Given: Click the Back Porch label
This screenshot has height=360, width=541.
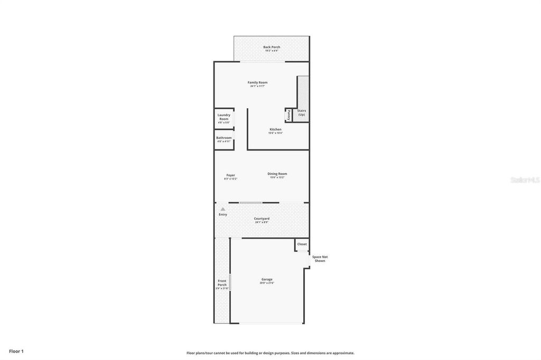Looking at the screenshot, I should click(x=272, y=47).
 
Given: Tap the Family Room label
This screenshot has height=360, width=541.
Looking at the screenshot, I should click(x=258, y=82).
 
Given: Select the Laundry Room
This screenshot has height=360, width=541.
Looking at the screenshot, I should click(x=224, y=117).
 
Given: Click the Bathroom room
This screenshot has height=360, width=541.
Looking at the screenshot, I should click(x=224, y=139).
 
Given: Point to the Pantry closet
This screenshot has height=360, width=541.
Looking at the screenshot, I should click(x=288, y=115).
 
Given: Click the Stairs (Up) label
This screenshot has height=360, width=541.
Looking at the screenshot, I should click(x=301, y=112).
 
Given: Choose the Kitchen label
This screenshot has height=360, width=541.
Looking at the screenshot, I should click(x=276, y=129).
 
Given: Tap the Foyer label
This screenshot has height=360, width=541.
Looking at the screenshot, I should click(x=230, y=175).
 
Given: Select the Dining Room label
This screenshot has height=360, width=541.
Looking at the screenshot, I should click(x=277, y=174).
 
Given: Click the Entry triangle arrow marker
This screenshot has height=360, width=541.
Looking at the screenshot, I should click(x=223, y=209).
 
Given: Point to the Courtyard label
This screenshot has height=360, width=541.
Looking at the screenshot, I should click(x=262, y=219).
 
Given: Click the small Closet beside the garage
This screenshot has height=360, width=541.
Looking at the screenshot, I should click(x=302, y=244).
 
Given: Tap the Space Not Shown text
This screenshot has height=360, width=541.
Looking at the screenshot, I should click(x=320, y=259).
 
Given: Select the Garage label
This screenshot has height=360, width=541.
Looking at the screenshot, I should click(x=267, y=279).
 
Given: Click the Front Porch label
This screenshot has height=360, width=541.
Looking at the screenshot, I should click(x=222, y=283).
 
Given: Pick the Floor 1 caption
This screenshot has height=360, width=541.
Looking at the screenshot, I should click(x=16, y=351).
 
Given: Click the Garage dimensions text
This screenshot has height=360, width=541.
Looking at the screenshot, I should click(x=267, y=283).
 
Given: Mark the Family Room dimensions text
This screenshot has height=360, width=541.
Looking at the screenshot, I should click(x=258, y=86).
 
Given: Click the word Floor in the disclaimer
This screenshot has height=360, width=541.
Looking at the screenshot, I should click(x=191, y=353).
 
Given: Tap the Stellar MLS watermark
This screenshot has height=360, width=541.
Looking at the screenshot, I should click(x=525, y=180).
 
